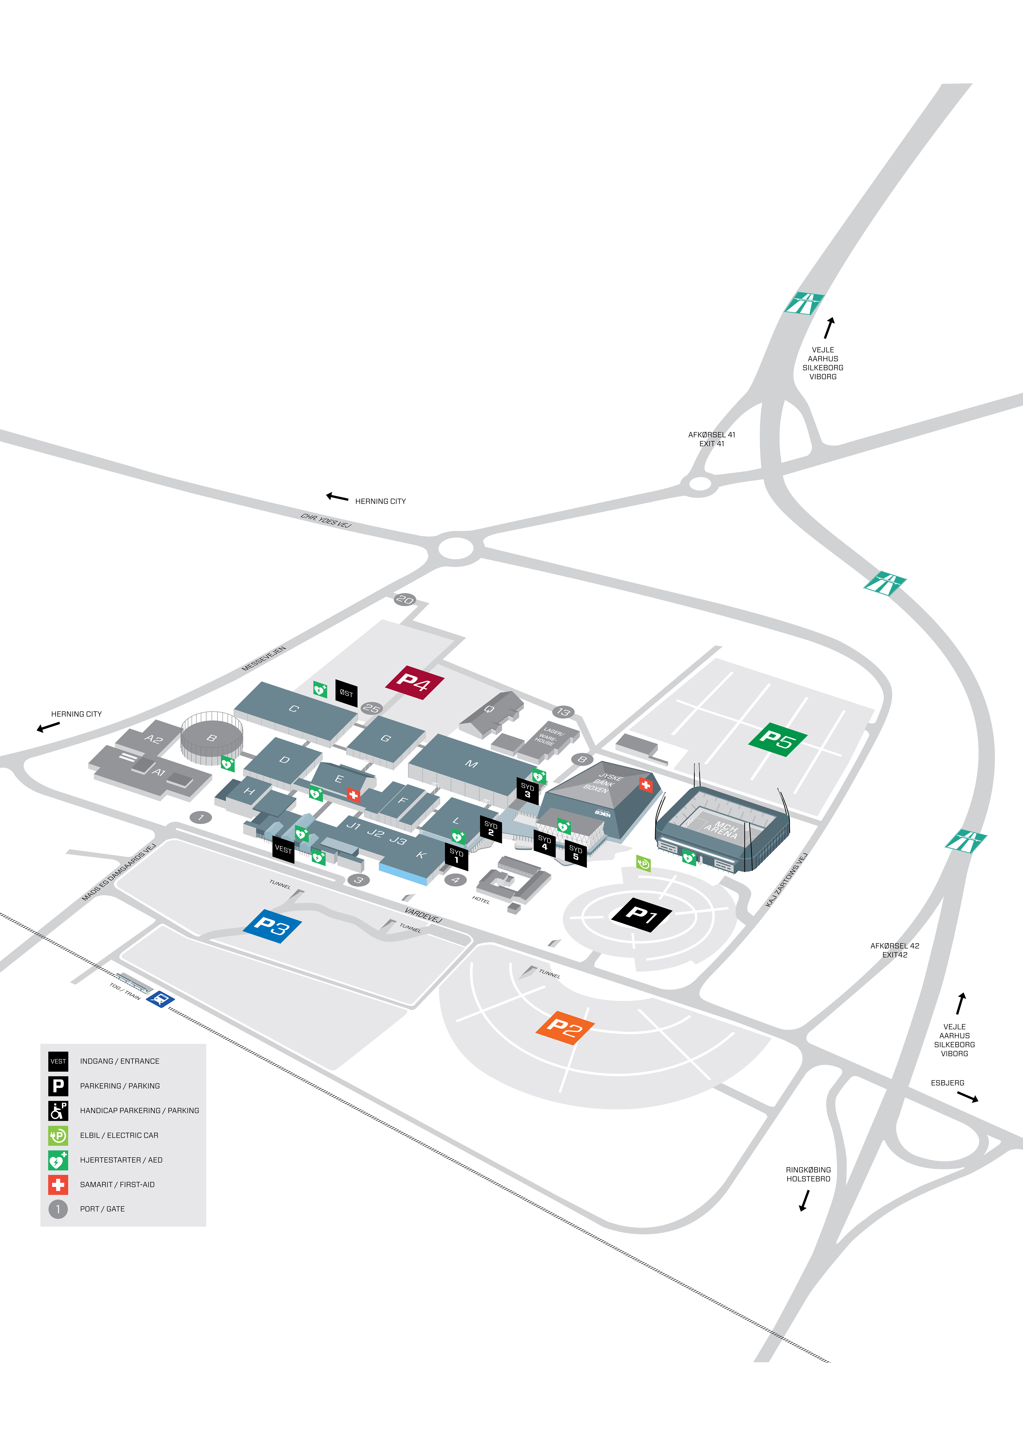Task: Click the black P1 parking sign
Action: (x=641, y=914)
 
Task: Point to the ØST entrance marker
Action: (x=346, y=693)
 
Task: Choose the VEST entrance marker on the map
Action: (x=284, y=849)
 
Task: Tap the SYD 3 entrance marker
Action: (x=528, y=791)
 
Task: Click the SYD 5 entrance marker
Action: (x=576, y=853)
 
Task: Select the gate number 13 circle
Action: (x=563, y=712)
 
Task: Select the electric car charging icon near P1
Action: (x=643, y=863)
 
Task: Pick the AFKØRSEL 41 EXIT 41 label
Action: (x=712, y=439)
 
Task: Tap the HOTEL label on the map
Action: (x=481, y=900)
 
